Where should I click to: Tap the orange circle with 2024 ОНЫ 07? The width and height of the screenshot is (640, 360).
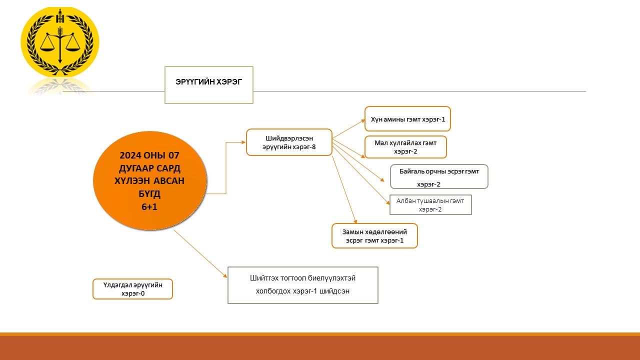pos(149,180)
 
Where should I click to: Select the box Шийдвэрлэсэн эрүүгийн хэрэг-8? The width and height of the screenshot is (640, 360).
pos(289,142)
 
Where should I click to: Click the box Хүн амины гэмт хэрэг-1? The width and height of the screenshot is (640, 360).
pos(407,119)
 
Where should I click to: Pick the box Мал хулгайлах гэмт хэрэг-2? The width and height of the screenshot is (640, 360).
pos(405,147)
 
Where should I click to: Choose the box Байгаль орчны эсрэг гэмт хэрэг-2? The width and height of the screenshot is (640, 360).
pos(438,176)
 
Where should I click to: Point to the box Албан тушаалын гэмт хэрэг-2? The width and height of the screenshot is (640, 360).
pos(430,204)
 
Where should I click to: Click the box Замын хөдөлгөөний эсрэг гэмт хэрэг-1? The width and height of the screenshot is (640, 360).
pos(374,235)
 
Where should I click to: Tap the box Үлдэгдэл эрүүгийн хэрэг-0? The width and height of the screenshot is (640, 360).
pos(132,289)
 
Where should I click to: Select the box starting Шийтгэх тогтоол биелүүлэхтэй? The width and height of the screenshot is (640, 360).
pos(302,285)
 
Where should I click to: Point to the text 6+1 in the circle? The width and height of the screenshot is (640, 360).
pos(149,206)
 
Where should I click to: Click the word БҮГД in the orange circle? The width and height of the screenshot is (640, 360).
pos(149,193)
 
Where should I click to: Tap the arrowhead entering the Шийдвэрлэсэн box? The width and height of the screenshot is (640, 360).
pos(243,142)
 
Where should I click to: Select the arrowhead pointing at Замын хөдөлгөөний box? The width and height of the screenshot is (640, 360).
pos(355,220)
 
